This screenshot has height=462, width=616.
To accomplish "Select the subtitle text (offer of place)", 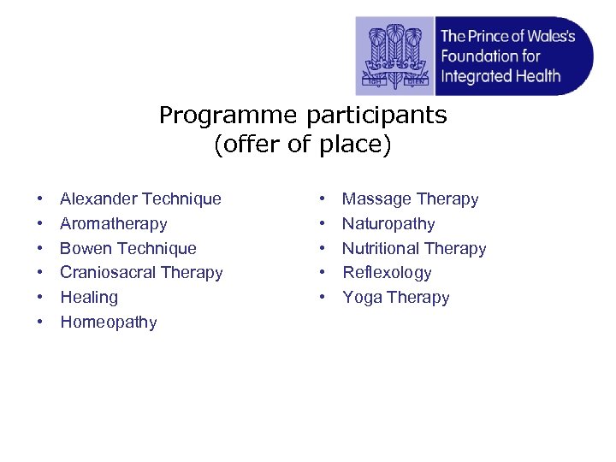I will point(302,145).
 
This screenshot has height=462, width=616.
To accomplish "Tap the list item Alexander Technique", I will point(140,199).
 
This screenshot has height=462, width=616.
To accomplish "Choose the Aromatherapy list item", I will point(113,224).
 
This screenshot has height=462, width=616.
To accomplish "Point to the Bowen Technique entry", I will point(127,249).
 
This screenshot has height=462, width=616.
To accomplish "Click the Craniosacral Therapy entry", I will point(141,273).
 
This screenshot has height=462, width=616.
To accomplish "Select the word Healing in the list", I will point(89,298).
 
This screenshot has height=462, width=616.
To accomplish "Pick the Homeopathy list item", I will point(108,323).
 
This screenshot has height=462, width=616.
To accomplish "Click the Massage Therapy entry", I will point(410,199).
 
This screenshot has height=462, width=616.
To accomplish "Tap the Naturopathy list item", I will point(388,224).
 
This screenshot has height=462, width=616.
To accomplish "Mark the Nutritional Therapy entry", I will point(414,249).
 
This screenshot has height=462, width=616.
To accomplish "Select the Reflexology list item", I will point(387,273).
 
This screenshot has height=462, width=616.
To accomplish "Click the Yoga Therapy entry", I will point(395,298).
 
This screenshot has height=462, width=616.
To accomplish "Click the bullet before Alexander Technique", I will point(40,200).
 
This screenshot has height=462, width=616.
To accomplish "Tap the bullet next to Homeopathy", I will point(40,323).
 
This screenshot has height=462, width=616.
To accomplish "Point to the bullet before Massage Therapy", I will point(322,200).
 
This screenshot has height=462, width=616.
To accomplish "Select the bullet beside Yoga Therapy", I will point(322,299).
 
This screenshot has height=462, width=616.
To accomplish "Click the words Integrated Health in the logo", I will point(500,76).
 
